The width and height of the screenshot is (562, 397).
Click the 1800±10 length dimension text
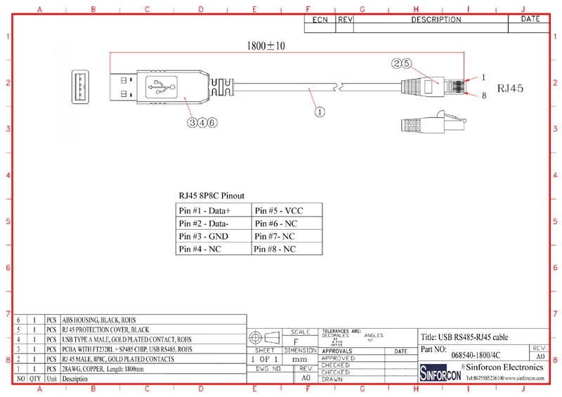266,46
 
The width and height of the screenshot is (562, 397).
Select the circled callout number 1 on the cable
319,110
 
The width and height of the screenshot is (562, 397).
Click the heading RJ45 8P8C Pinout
212,196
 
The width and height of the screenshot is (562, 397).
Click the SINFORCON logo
440,371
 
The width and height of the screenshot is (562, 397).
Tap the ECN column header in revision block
320,20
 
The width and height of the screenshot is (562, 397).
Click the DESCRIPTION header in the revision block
436,20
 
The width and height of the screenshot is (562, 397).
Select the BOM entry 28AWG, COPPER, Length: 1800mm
103,368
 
